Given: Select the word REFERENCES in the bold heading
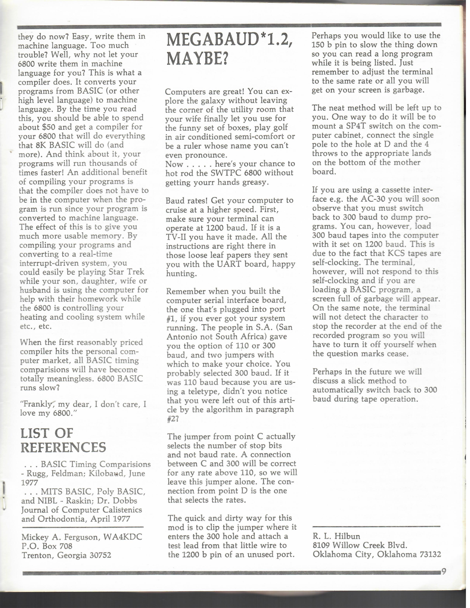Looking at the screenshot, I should (x=63, y=447).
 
